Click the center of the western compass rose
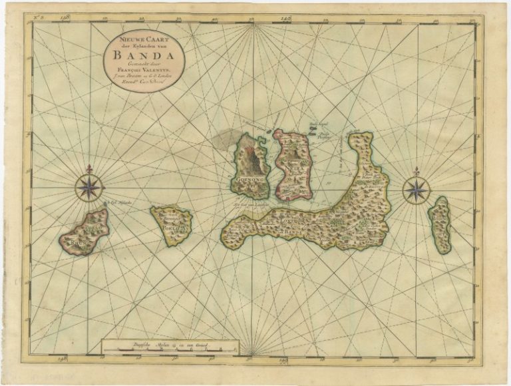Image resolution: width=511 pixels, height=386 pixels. (x=88, y=187)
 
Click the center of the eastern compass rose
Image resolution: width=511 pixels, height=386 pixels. (x=416, y=190)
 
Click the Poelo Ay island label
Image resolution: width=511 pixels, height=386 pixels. (x=171, y=224)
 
